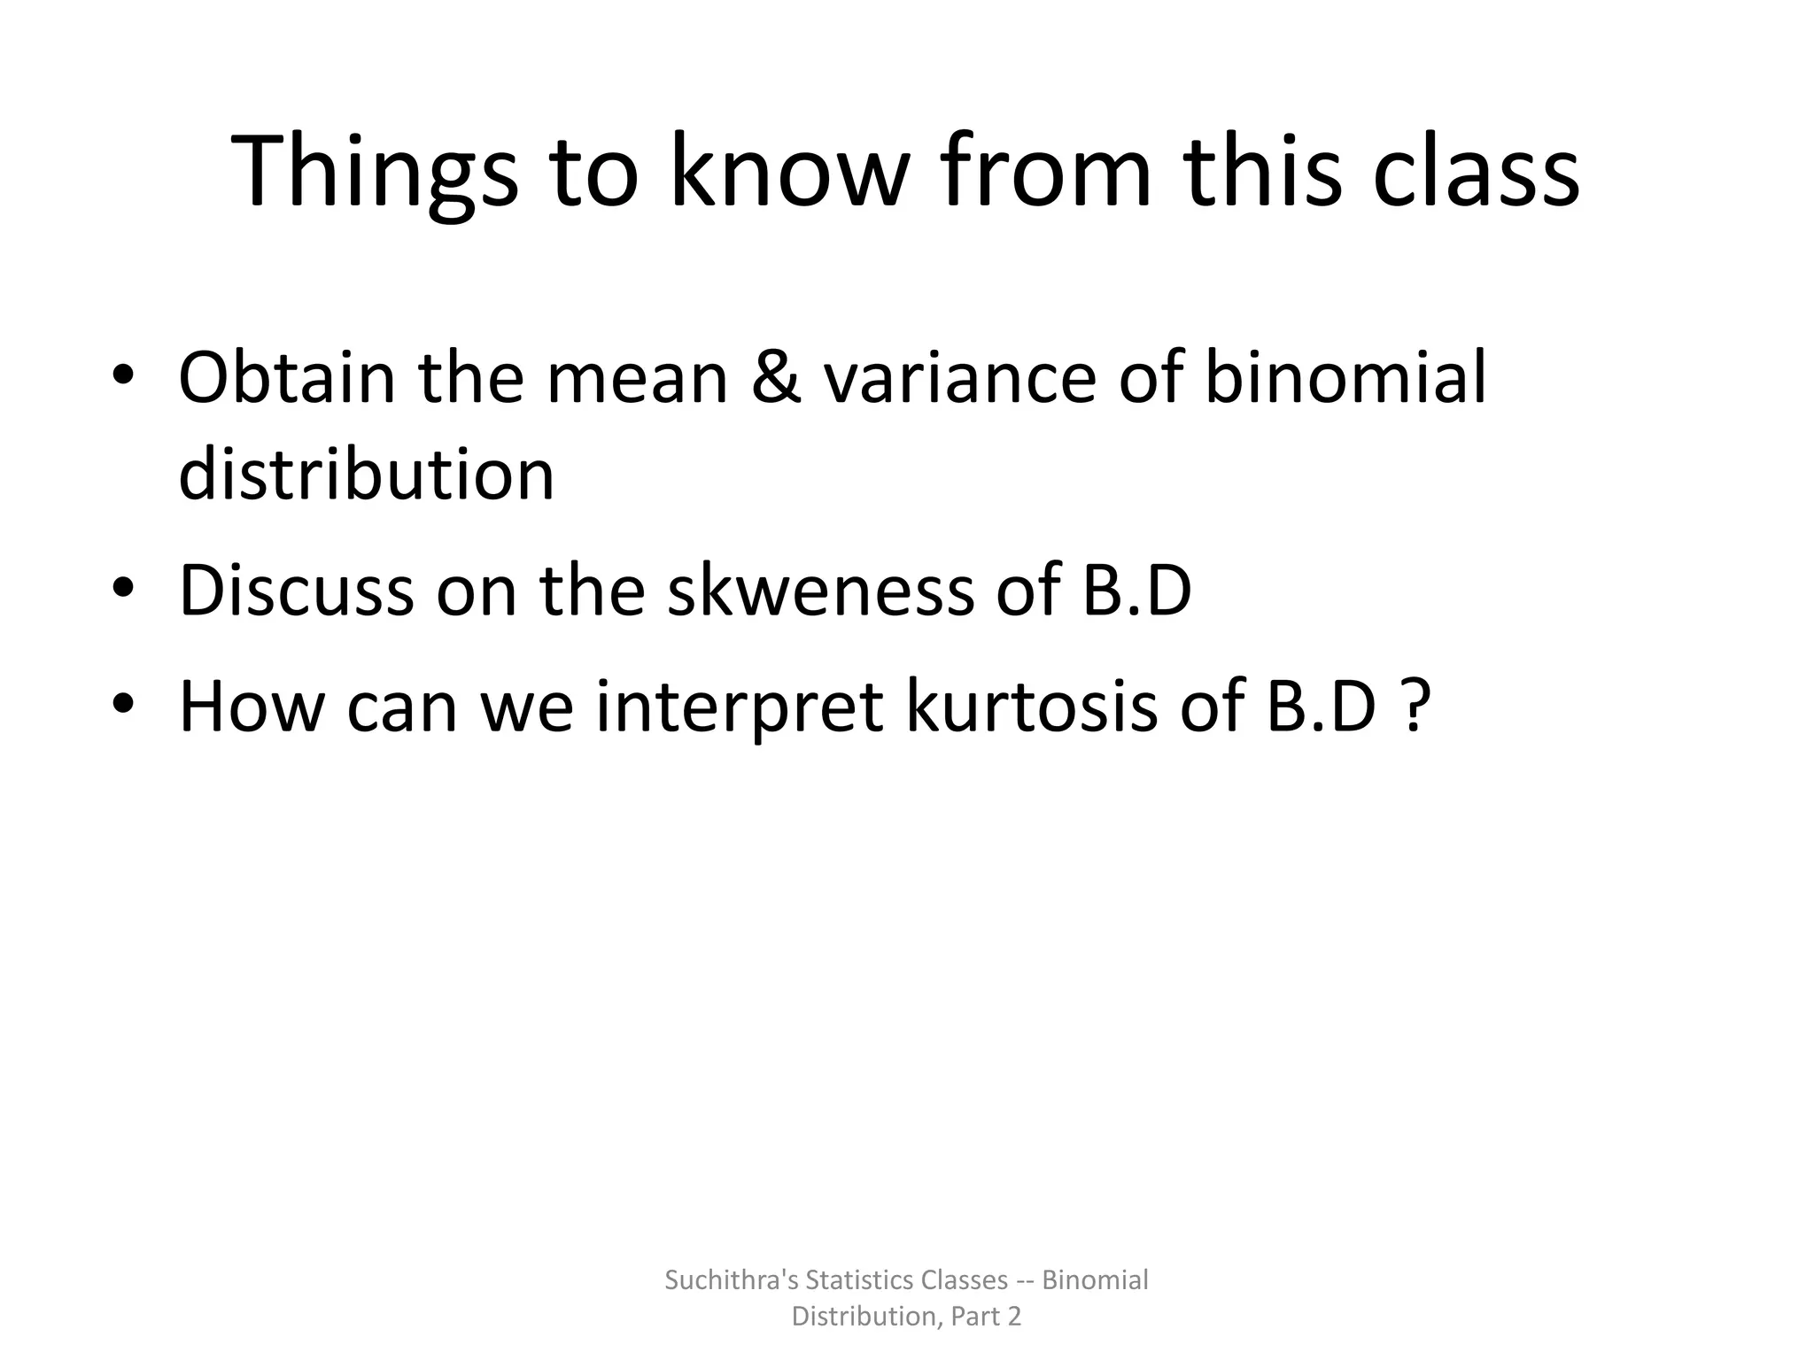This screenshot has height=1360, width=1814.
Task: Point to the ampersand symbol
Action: (776, 378)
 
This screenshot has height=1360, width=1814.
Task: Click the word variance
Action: (960, 378)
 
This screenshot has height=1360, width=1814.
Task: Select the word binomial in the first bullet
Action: (1345, 378)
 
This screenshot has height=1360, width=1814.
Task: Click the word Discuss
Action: (296, 591)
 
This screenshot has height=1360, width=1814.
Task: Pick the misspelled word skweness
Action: (820, 591)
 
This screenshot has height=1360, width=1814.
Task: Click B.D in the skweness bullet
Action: (1137, 591)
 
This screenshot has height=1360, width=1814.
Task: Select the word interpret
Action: (740, 707)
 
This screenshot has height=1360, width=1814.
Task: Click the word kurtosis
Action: (1032, 707)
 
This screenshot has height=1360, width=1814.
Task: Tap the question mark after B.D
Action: (1416, 707)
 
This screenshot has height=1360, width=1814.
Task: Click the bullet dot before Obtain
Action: (123, 375)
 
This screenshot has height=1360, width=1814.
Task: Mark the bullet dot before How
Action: (123, 704)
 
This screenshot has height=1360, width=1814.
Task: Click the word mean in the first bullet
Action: (637, 378)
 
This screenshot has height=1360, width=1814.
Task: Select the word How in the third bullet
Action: (251, 707)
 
